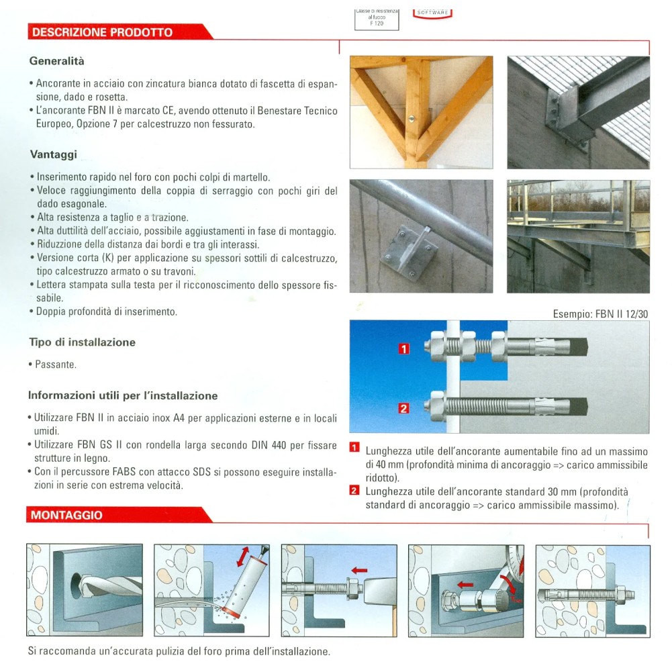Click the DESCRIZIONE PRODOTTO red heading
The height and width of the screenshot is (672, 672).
tap(102, 32)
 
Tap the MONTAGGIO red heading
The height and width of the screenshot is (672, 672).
tap(66, 516)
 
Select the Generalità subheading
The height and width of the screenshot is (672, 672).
tap(57, 61)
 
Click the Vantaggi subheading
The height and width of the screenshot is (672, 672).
tap(54, 154)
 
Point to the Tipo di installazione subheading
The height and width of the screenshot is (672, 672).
tap(82, 342)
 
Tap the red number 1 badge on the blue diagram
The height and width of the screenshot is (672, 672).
tap(403, 348)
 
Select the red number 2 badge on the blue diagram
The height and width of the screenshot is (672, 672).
tap(403, 407)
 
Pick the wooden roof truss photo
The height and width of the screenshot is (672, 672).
tap(421, 112)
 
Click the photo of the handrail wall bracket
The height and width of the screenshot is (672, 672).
tap(421, 236)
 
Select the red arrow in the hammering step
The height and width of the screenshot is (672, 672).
tap(359, 570)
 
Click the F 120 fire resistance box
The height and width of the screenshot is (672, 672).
tap(376, 19)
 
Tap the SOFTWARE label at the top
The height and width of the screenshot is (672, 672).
tap(433, 12)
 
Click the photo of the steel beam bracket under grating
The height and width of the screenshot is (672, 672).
tap(578, 112)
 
